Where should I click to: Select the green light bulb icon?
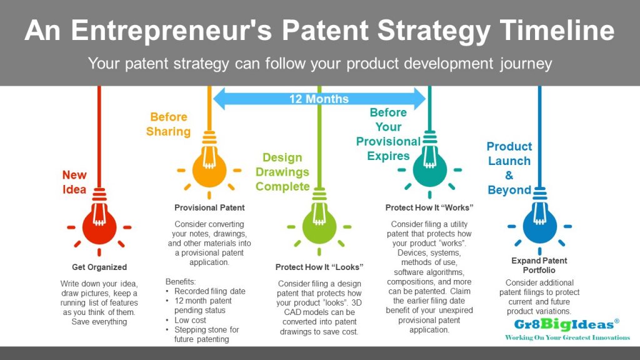319,226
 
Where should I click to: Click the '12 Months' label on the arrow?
319,99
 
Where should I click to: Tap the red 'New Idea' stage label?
74,182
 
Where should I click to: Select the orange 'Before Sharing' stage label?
168,124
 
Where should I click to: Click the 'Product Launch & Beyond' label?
509,168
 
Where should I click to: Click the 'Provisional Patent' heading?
209,207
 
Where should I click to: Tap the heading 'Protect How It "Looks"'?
319,267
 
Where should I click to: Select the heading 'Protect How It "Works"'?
429,207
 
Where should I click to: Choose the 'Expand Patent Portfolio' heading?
539,265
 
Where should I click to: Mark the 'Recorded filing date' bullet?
209,292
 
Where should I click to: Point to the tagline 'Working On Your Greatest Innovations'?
567,337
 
